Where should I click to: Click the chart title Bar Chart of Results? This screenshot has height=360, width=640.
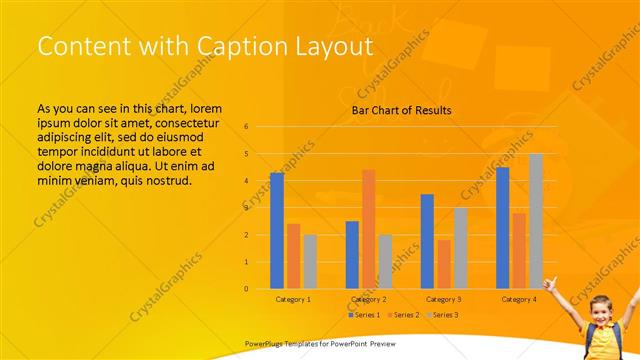[401, 110]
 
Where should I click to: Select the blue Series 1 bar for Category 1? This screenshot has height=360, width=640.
[277, 231]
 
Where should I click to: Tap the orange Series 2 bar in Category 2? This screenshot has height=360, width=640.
[368, 229]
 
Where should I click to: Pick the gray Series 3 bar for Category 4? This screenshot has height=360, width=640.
[536, 221]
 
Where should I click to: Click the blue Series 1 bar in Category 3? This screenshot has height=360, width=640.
[427, 241]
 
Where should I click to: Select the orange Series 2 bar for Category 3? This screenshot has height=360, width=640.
[443, 264]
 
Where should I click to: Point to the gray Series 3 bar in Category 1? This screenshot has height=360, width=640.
[310, 261]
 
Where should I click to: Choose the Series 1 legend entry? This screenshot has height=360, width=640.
[364, 315]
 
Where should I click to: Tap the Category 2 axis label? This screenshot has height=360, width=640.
[368, 299]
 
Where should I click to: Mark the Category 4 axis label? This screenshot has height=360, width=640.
[519, 299]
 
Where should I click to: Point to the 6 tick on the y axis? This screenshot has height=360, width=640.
[246, 127]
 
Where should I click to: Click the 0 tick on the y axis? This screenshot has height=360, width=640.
[246, 289]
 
